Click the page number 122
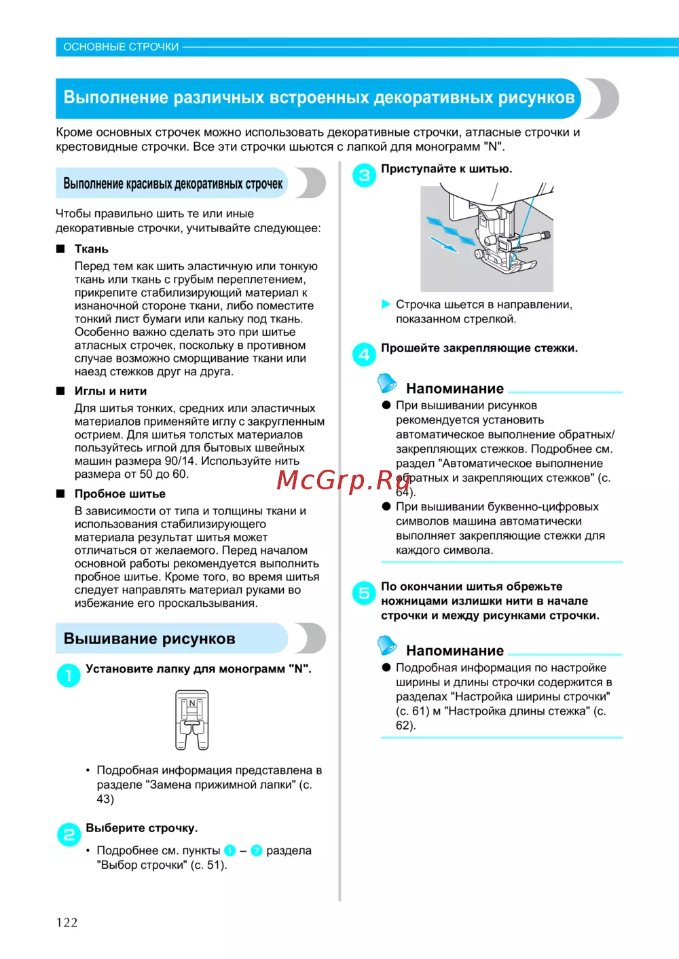67,922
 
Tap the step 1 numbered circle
69,675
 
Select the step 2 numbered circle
69,834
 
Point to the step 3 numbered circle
364,175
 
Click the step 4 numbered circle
364,354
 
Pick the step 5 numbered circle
364,593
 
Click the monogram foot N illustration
192,720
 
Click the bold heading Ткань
92,249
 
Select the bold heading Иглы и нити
111,391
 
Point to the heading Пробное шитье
120,494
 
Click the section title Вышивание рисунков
149,639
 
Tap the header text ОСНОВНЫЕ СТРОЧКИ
121,47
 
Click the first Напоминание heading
455,389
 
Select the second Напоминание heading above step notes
455,651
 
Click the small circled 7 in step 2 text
257,850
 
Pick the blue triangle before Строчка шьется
386,304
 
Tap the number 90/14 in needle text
181,461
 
